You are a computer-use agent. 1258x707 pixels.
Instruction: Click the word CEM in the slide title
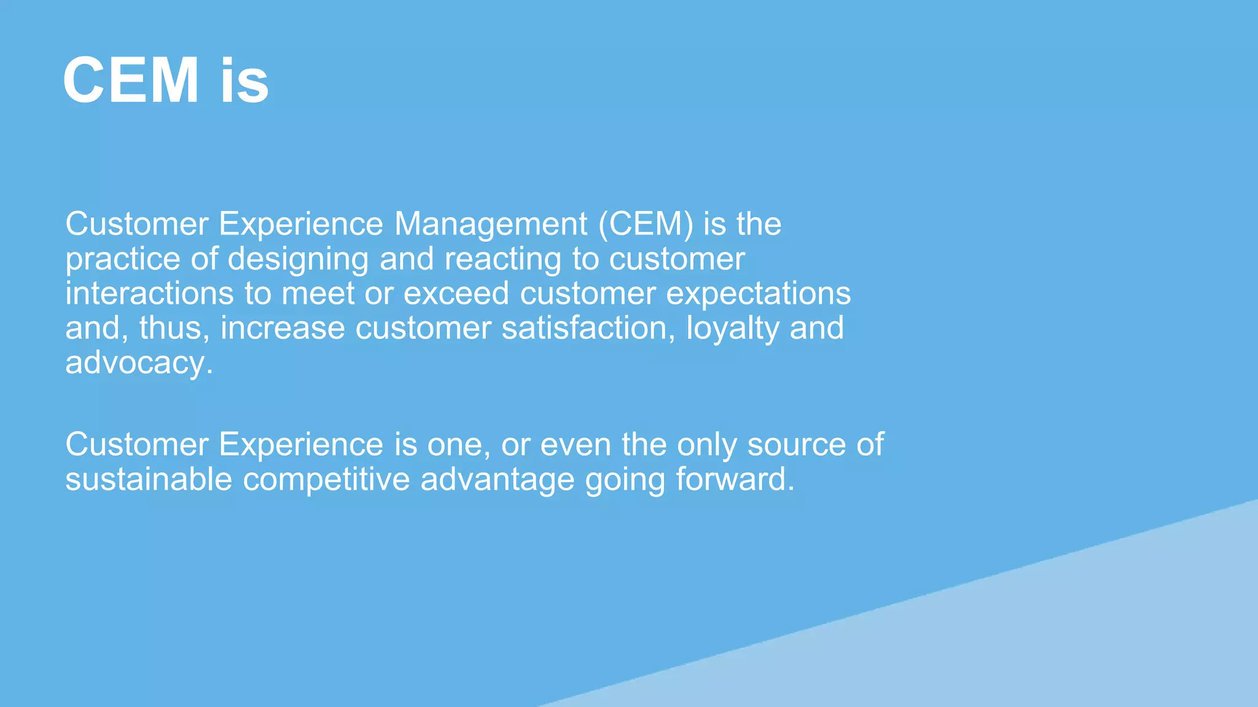pos(131,81)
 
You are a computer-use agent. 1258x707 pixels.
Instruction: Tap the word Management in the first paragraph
pos(491,224)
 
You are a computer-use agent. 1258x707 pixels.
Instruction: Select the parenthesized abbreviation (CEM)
pos(646,224)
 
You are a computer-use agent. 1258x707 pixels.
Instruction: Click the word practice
pos(122,259)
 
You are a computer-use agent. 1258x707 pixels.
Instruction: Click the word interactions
pos(149,293)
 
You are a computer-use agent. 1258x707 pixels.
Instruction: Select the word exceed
pos(456,293)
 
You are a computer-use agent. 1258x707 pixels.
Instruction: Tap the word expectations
pos(758,295)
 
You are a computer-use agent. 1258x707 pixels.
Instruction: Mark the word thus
pos(174,328)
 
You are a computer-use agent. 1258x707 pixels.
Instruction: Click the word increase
pos(282,328)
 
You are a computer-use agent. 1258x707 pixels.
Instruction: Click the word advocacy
pos(139,364)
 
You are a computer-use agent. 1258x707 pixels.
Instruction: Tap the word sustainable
pos(149,479)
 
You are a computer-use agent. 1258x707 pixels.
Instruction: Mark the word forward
pos(735,479)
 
